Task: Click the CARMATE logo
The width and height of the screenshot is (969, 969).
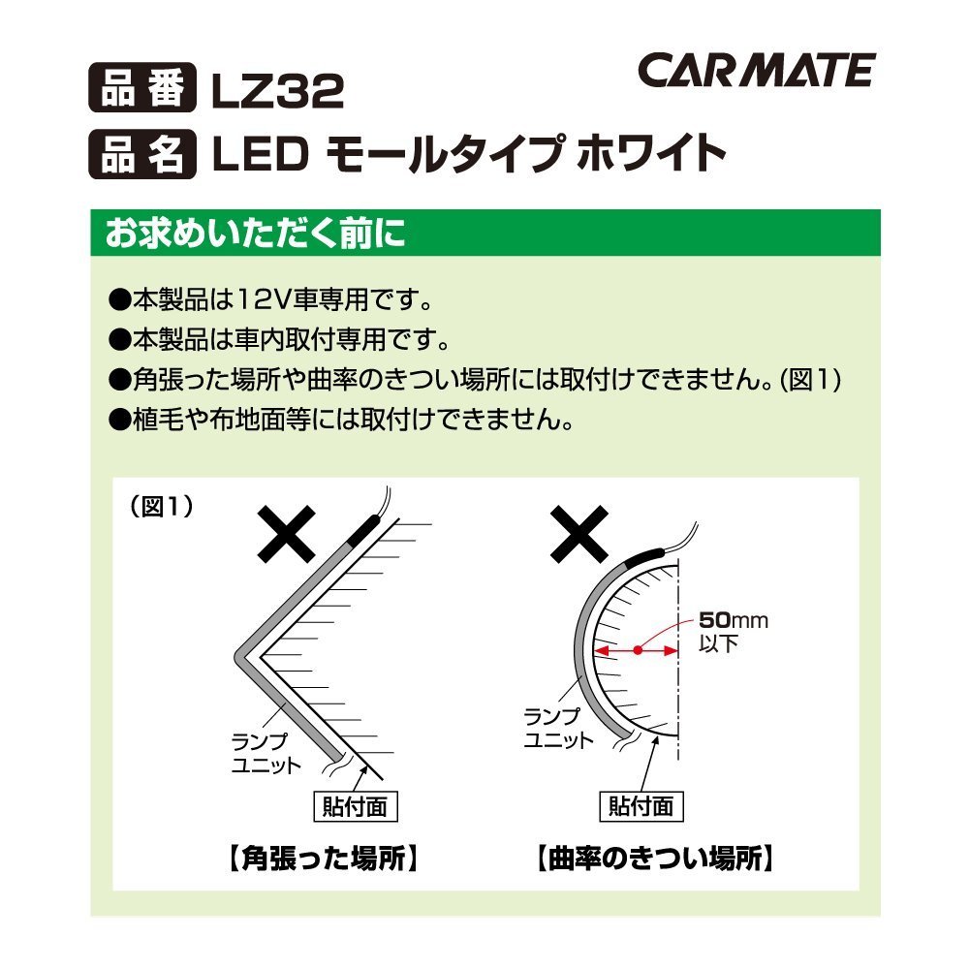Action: (757, 70)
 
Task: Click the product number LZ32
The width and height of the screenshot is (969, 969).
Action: (277, 91)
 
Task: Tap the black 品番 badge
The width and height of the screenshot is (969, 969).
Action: (142, 88)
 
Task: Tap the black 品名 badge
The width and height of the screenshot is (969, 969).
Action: (142, 154)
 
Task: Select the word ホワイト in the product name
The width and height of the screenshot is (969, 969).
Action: (651, 154)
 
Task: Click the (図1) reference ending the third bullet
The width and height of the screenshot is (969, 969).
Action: (810, 380)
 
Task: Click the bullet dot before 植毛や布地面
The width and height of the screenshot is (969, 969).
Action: (119, 421)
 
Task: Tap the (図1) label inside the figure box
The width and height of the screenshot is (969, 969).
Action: (161, 507)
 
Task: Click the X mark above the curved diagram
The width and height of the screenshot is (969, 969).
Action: (579, 533)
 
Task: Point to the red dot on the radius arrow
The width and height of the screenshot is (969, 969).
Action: (638, 650)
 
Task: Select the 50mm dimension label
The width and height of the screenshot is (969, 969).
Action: (734, 620)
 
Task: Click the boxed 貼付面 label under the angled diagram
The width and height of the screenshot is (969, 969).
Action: (356, 806)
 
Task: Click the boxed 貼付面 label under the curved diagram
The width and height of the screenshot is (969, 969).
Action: (641, 806)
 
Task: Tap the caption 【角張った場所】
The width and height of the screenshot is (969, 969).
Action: (324, 859)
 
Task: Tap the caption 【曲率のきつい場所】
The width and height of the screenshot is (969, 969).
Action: (655, 859)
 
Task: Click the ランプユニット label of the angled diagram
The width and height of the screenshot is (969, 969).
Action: (266, 753)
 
